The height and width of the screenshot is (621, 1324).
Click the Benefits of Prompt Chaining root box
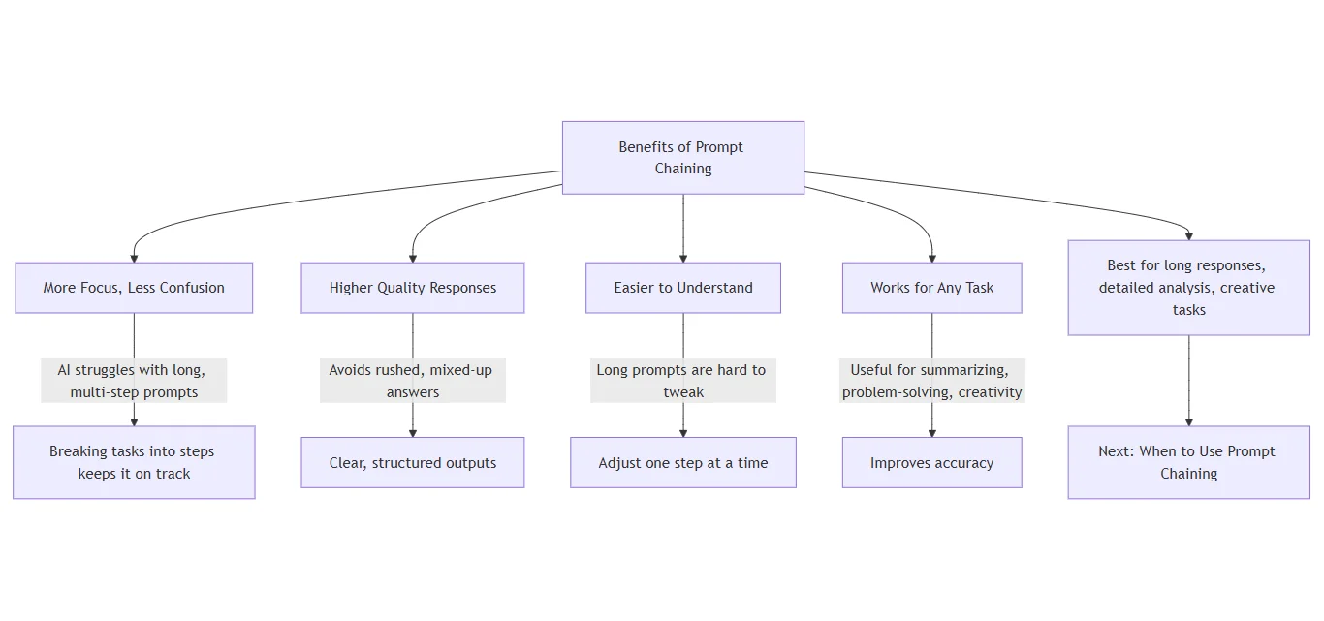point(682,157)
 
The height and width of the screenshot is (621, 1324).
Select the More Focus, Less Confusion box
point(134,288)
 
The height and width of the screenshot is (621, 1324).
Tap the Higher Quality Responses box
point(412,288)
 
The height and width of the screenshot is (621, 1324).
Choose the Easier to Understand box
point(682,288)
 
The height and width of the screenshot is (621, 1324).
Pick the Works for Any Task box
point(931,288)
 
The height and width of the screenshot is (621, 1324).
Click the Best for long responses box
point(1188,288)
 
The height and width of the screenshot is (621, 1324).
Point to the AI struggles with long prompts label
point(134,381)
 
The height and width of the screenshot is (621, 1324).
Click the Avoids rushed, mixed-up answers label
point(412,381)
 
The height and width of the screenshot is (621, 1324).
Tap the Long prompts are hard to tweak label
point(682,381)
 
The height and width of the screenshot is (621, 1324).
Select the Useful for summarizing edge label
point(931,381)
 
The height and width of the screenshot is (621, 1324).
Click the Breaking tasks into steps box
point(134,462)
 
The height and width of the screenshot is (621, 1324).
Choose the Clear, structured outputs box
point(412,462)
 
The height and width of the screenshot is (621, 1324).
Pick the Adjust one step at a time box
point(682,462)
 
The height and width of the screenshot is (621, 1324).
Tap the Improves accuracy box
point(931,462)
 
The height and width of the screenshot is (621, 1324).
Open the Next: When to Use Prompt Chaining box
point(1188,462)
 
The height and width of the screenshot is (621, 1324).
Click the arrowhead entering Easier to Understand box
point(683,258)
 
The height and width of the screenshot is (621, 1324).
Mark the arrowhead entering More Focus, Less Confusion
point(134,258)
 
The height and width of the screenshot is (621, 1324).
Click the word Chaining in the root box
point(682,169)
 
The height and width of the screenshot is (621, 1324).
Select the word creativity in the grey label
point(990,392)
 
